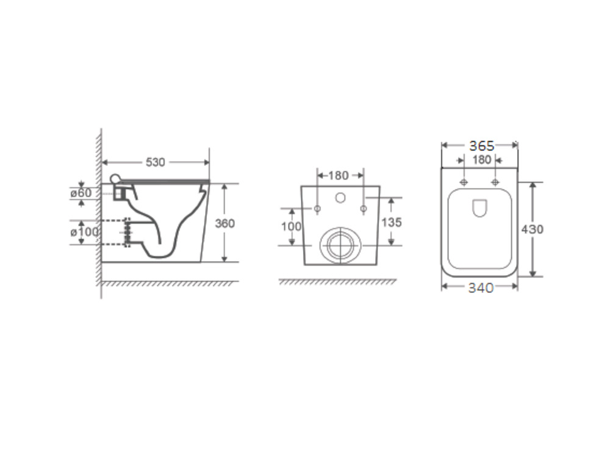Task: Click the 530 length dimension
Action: pyautogui.click(x=155, y=162)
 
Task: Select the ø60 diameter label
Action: pyautogui.click(x=81, y=193)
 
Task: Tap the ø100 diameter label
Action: pyautogui.click(x=84, y=232)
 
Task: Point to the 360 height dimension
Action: pyautogui.click(x=225, y=223)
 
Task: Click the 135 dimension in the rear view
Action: pyautogui.click(x=392, y=222)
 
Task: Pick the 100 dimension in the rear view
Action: pyautogui.click(x=291, y=226)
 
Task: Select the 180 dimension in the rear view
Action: pyautogui.click(x=338, y=176)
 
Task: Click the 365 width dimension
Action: pyautogui.click(x=482, y=146)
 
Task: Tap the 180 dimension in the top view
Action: pyautogui.click(x=482, y=159)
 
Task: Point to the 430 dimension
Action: pyautogui.click(x=532, y=229)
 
